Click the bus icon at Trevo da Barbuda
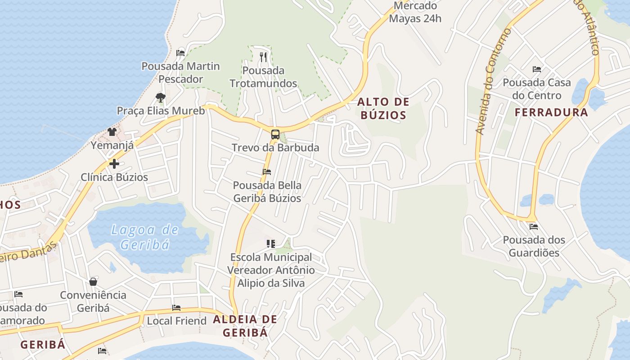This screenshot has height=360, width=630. [275, 135]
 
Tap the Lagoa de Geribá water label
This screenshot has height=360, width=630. [145, 237]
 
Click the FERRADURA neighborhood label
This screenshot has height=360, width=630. [551, 112]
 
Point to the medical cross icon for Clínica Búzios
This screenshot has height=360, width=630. [114, 164]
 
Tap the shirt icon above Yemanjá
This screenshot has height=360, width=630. [112, 132]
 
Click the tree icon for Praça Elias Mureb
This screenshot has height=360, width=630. [160, 97]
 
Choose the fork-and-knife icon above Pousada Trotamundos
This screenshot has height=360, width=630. [263, 57]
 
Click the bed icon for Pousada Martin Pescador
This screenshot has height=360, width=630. [180, 53]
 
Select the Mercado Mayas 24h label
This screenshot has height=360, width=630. [415, 13]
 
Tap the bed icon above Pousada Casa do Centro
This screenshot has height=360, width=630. [536, 69]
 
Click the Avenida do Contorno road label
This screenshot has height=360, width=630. [493, 81]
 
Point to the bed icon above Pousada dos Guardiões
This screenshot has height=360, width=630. [534, 226]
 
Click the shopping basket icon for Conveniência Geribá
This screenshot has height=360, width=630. [93, 282]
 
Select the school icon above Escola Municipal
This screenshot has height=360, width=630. [270, 244]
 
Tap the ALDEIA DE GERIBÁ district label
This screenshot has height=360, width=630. [245, 326]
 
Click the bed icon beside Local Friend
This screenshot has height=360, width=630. [176, 308]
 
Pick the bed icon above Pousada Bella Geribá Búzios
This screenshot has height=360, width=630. [267, 172]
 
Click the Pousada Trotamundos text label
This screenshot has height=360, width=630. [263, 77]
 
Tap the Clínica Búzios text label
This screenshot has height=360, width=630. [114, 177]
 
